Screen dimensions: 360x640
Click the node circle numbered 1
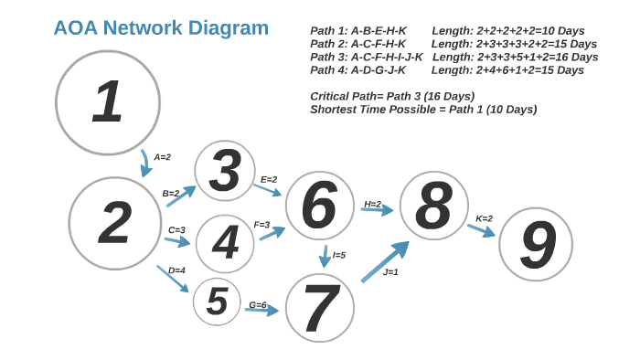point(108,101)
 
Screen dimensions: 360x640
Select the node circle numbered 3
point(225,171)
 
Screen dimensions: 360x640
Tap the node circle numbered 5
point(217,302)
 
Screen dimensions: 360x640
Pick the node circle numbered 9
point(536,244)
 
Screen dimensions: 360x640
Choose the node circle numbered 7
point(320,308)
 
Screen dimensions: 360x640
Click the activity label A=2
point(163,157)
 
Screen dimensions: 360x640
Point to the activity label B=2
point(171,193)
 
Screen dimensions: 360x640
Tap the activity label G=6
point(258,304)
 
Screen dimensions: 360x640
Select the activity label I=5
point(339,255)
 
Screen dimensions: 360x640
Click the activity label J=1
point(390,271)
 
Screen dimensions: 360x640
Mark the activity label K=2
point(484,218)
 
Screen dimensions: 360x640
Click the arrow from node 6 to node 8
point(377,210)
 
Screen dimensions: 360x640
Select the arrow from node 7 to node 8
point(385,261)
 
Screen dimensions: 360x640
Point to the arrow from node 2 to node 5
point(173,279)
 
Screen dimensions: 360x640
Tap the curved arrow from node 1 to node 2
point(144,163)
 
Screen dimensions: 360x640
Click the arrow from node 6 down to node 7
point(324,256)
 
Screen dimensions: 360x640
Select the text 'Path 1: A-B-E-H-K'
point(358,31)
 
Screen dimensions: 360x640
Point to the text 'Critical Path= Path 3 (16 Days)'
point(392,96)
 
